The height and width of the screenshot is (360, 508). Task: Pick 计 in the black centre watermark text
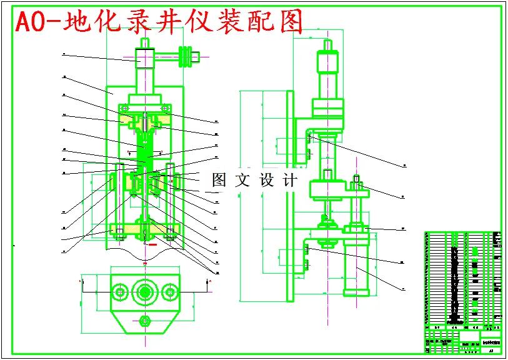pos(290,181)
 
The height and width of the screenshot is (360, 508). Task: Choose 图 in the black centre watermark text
pos(219,181)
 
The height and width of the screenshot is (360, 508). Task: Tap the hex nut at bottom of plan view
pos(145,321)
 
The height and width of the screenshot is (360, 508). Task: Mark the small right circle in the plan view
pos(170,292)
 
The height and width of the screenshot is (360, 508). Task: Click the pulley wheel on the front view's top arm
pos(186,56)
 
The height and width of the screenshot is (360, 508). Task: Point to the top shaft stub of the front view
pos(144,43)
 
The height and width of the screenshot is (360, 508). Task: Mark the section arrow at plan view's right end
pos(209,284)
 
